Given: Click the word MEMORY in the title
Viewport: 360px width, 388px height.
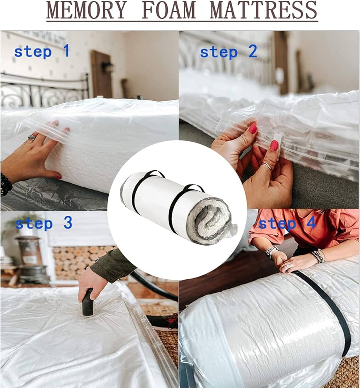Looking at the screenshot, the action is (x=86, y=10).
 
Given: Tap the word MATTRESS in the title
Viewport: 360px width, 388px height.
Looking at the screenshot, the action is (x=264, y=10).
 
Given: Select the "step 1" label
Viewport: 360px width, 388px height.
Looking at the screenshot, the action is (x=42, y=52).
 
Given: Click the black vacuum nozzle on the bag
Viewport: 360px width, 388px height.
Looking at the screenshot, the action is (x=87, y=302).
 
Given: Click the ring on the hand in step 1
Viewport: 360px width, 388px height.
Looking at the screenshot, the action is (x=32, y=137).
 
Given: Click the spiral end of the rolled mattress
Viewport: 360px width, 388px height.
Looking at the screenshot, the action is (x=210, y=218).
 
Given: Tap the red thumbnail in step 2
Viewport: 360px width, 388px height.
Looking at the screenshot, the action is (x=274, y=145).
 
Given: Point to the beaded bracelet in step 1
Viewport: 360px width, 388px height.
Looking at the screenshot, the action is (x=5, y=184).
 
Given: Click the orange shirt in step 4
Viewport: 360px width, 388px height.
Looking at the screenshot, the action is (x=304, y=230).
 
